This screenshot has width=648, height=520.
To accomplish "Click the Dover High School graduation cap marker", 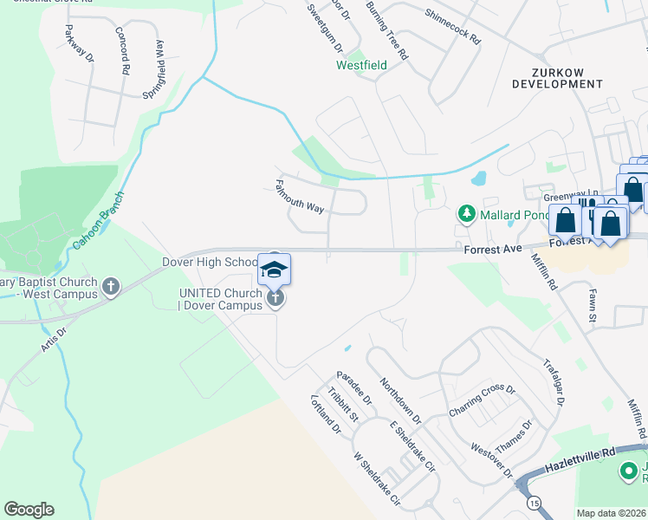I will point(274,270).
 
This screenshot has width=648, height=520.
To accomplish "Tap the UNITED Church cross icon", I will point(275,299).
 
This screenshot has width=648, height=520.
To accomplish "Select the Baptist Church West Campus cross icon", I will point(111,287).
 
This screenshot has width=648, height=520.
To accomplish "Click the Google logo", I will point(29,510).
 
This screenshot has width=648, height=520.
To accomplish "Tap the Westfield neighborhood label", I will point(362,65).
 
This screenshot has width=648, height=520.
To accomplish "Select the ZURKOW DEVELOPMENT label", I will point(557,76).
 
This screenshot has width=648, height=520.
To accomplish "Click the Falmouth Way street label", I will point(299,197).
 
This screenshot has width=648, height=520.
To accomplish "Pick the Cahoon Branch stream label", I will point(94,220).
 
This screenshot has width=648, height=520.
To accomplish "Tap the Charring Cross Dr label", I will point(482,401).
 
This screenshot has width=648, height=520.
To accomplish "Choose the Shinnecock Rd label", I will point(452,27).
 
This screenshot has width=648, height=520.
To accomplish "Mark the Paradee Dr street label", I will point(354,389).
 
